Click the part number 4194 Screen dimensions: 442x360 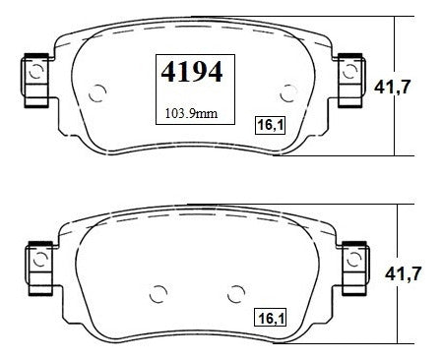click(192, 72)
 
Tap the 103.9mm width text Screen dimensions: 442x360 click(191, 114)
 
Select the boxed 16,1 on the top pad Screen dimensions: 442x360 click(271, 125)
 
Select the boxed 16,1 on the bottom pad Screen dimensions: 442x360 click(271, 317)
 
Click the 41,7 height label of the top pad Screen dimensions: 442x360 click(392, 87)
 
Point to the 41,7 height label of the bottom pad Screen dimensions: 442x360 click(403, 273)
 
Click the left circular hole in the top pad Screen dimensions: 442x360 click(97, 93)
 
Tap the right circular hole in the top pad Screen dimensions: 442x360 click(288, 93)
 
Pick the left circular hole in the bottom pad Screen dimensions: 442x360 click(158, 294)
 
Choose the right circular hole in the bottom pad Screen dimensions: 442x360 click(236, 294)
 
